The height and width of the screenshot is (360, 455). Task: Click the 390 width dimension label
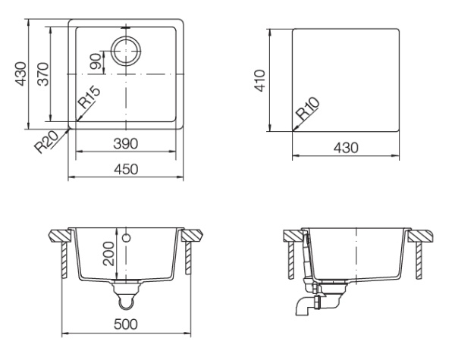point(125,143)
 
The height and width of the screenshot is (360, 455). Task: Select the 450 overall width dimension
point(126,169)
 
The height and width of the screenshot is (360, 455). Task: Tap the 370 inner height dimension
point(43,74)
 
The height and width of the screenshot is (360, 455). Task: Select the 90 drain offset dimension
point(96,61)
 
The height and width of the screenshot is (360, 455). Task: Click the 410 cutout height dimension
point(260,80)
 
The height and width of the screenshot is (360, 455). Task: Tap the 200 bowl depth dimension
point(108,254)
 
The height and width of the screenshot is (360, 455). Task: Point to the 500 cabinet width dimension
point(126,324)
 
